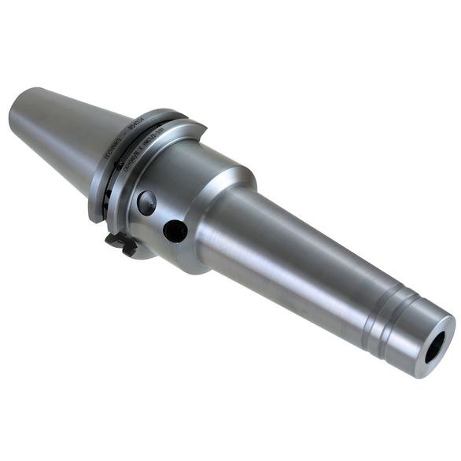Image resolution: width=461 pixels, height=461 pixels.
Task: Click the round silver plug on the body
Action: [x=146, y=202]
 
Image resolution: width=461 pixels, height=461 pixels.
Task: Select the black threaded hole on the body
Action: [x=175, y=230]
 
